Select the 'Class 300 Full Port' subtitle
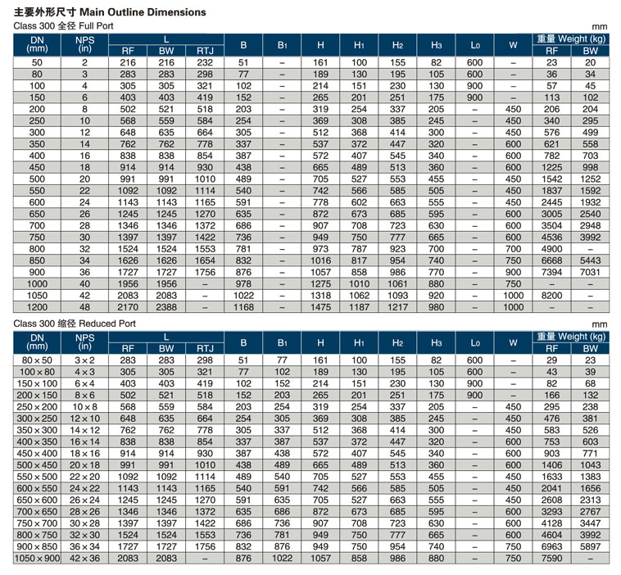click(63, 26)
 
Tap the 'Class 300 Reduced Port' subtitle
click(75, 324)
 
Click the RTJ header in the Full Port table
click(205, 51)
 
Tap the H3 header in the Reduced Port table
click(436, 343)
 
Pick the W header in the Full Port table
click(513, 45)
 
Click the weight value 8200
click(551, 296)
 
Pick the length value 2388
click(166, 307)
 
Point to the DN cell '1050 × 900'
click(37, 559)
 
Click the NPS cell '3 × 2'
click(84, 360)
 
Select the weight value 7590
click(551, 559)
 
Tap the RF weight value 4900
click(551, 249)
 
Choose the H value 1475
click(320, 307)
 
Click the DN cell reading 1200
click(37, 307)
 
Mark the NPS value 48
click(84, 307)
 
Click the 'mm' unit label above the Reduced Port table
click(599, 324)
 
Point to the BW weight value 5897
click(590, 546)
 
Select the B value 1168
click(243, 307)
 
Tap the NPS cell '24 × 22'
click(84, 488)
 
